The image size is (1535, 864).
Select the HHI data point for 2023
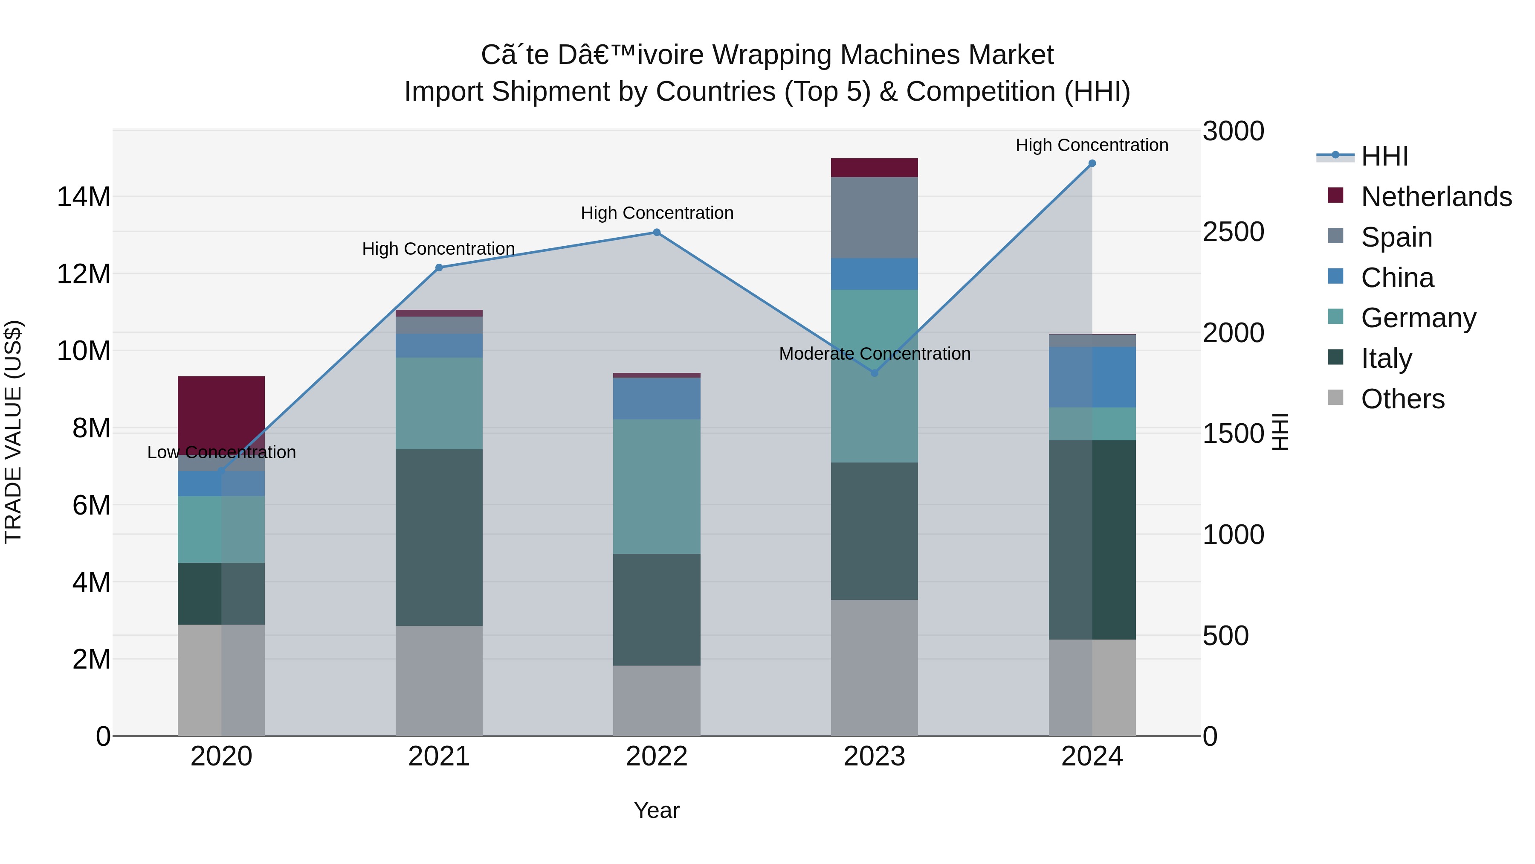point(874,373)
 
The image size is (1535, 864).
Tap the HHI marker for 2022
point(657,233)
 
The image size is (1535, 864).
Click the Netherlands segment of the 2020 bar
point(221,411)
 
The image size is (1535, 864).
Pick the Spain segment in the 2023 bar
point(874,218)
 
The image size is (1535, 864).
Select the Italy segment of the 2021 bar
point(439,537)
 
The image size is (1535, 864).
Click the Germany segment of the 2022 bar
point(657,486)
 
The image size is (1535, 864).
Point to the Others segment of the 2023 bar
point(874,668)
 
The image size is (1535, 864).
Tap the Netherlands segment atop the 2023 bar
point(874,168)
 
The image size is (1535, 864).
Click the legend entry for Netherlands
point(1436,197)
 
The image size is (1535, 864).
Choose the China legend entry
point(1397,278)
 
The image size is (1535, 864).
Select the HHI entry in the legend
point(1384,156)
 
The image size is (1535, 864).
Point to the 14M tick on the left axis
point(84,197)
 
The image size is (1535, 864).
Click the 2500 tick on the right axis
point(1233,232)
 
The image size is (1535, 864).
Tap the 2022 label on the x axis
point(657,756)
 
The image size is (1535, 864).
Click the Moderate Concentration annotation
point(874,354)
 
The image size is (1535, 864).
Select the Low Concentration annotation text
point(221,453)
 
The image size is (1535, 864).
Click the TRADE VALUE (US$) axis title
point(13,432)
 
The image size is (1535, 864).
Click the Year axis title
point(657,810)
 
